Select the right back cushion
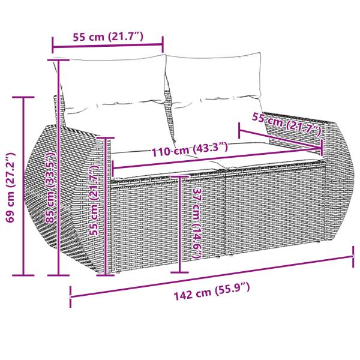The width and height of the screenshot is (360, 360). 215,84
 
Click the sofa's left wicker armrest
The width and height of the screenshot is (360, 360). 66,198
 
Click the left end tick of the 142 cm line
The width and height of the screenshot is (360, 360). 71,295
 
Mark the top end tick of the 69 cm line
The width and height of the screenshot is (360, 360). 24,97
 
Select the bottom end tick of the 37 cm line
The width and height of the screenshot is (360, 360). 180,274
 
